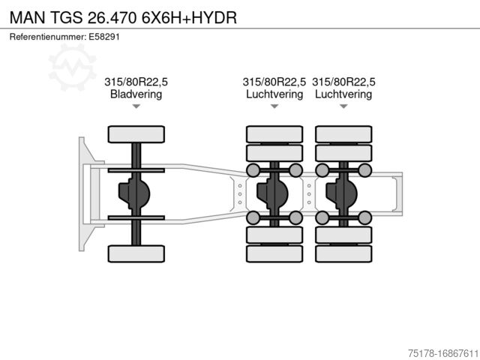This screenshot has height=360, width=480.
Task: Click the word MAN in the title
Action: tap(26, 16)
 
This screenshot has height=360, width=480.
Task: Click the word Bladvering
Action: tap(136, 94)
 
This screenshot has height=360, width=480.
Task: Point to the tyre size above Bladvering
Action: tap(136, 82)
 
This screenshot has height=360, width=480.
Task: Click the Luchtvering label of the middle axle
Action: tap(274, 94)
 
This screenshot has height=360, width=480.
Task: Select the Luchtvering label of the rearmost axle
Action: tap(343, 94)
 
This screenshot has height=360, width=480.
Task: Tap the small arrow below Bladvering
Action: tap(136, 106)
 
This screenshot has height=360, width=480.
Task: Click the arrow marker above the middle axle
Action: tap(274, 106)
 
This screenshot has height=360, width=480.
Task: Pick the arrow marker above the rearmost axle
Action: tap(343, 106)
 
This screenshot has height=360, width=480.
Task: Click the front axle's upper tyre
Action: tap(136, 134)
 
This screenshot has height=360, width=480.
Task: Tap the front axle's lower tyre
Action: tap(136, 253)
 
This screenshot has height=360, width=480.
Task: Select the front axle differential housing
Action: tap(133, 193)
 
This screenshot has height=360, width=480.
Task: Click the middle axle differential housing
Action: tap(272, 193)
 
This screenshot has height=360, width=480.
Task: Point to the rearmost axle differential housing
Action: tap(341, 193)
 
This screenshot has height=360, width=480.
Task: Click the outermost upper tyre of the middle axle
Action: tap(274, 134)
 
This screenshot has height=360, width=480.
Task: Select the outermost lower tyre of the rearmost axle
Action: tap(343, 253)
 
